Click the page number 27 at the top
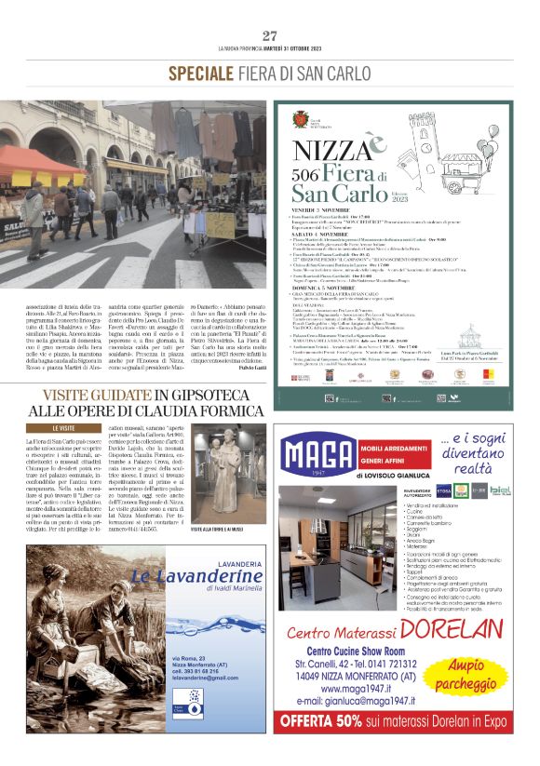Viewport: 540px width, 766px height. click(270, 36)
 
